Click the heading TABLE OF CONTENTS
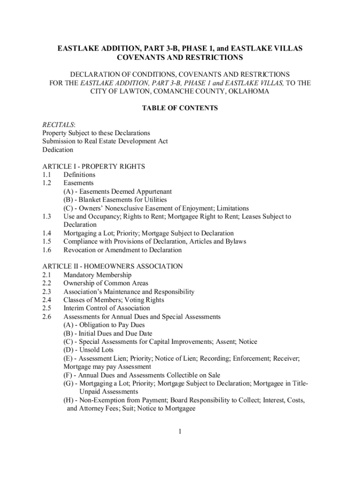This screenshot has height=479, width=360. point(180,108)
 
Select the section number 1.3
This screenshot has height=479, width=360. point(46,217)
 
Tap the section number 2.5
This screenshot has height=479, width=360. point(46,308)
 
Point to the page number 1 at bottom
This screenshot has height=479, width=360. point(180,431)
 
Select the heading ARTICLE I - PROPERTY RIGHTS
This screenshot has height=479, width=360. point(94,167)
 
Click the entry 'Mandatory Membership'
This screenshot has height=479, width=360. point(97,275)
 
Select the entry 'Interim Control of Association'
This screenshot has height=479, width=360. point(107,308)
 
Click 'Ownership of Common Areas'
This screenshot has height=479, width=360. point(106,283)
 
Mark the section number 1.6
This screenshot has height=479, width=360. point(46,250)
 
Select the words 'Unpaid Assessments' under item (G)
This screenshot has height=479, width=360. point(109,392)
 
